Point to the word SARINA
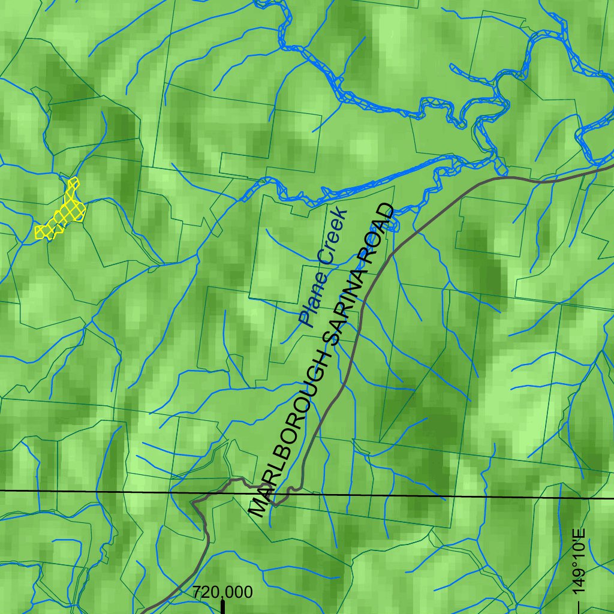pyautogui.click(x=344, y=312)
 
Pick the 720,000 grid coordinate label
pyautogui.click(x=222, y=592)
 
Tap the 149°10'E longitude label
pyautogui.click(x=579, y=561)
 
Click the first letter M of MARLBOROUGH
pyautogui.click(x=258, y=507)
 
